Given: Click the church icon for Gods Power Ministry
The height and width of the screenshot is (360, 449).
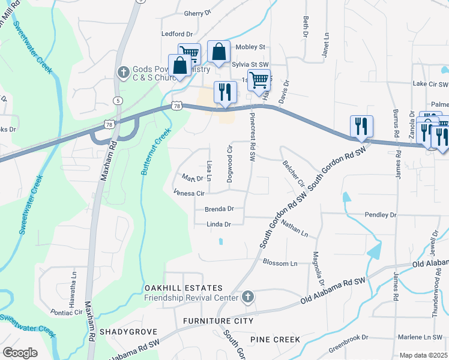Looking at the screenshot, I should click(123, 72).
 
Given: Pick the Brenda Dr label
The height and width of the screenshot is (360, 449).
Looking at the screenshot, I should click(218, 209).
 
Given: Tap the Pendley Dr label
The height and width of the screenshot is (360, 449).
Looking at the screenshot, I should click(381, 214).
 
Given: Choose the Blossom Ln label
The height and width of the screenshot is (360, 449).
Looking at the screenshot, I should click(280, 263).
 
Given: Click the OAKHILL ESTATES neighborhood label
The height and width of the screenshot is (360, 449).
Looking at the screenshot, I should click(184, 289).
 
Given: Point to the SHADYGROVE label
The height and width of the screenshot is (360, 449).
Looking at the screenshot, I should click(128, 331).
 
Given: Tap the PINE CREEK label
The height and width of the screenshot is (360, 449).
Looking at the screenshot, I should click(275, 340).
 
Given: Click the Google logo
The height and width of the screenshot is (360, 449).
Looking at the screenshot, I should click(20, 353).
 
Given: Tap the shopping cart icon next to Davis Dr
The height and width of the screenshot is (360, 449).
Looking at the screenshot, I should click(259, 79).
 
